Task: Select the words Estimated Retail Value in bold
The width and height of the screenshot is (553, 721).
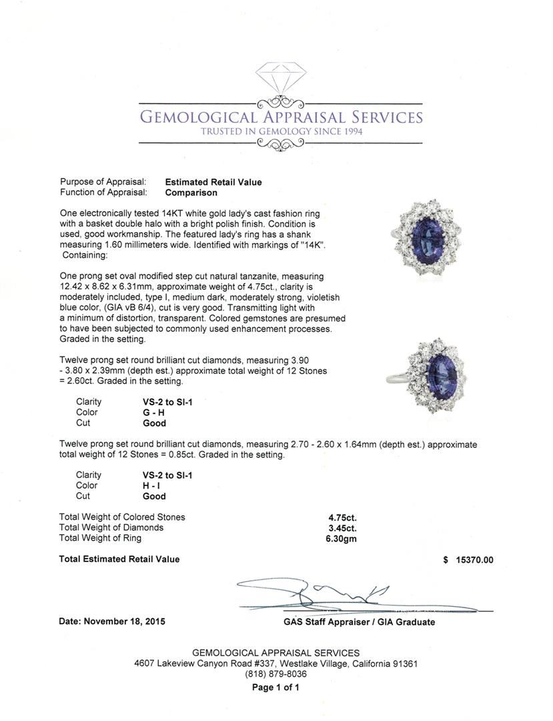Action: (213, 182)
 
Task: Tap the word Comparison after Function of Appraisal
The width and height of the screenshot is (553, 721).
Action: (191, 193)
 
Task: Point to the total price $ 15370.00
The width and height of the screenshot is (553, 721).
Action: (468, 560)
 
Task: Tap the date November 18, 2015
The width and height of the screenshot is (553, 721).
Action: (112, 622)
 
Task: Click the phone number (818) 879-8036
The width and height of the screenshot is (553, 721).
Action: (275, 674)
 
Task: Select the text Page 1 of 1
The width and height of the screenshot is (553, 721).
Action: (275, 687)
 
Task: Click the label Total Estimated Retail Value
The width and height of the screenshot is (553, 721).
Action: (119, 559)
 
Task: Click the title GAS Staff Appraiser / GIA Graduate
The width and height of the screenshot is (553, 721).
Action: (359, 622)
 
